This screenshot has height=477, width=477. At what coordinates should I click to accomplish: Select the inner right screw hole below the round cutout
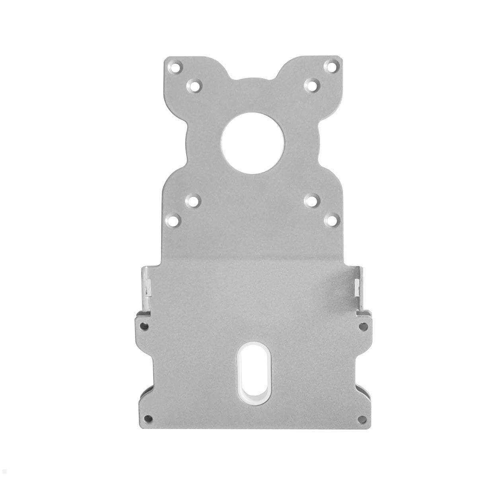pos(312,201)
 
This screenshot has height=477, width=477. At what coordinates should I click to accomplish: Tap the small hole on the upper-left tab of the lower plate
pos(145,326)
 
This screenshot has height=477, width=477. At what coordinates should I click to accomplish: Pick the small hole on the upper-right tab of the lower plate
pos(362,326)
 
